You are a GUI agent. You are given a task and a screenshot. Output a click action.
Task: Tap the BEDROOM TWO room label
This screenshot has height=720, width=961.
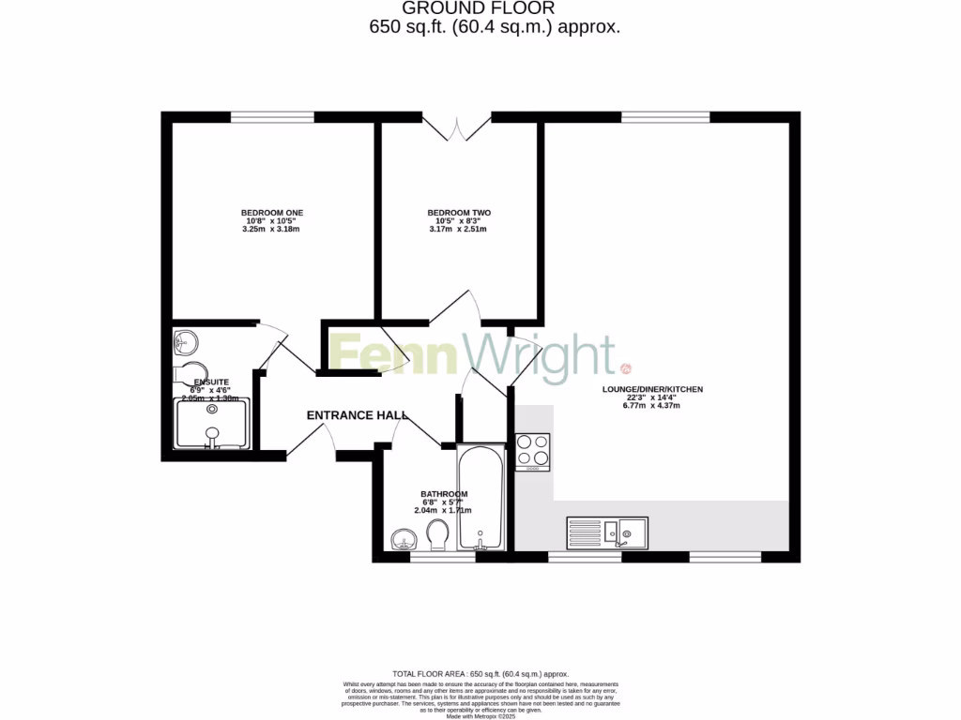tap(459, 213)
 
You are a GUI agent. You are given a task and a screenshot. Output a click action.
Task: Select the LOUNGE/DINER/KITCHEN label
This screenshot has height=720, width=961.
tap(653, 389)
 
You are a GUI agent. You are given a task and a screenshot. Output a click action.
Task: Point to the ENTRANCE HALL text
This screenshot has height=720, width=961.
tap(358, 414)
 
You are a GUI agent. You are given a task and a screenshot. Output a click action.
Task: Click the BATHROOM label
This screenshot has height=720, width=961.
tap(443, 494)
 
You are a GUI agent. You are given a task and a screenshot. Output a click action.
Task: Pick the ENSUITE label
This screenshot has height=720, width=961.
tap(211, 382)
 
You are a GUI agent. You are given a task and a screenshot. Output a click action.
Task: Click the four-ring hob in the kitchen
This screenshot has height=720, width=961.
tap(532, 452)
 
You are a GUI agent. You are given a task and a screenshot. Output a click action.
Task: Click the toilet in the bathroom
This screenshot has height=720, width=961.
tap(436, 535)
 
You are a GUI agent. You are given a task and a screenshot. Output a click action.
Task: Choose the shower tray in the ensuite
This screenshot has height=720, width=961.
tap(213, 424)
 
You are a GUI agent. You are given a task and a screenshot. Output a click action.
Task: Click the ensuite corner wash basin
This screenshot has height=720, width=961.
tap(185, 342)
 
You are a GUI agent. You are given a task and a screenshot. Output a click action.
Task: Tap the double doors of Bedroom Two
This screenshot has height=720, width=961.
tap(456, 128)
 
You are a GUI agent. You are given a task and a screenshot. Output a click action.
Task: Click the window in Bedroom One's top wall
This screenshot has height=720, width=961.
tap(272, 117)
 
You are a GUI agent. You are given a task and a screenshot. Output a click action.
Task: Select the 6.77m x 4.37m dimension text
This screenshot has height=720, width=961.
tap(653, 406)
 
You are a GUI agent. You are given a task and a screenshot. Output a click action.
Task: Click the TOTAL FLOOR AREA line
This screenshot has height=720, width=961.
tap(480, 674)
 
